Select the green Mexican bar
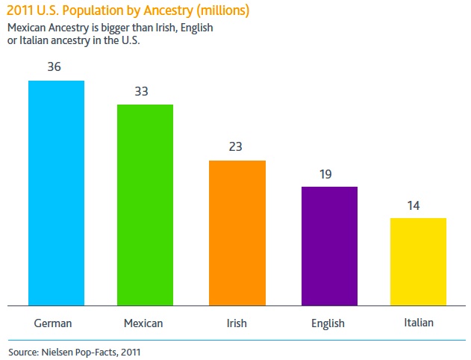tap(145, 205)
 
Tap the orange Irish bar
tap(237, 232)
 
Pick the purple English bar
tap(329, 246)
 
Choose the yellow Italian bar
tap(418, 261)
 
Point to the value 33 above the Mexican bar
tap(141, 92)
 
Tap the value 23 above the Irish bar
tap(235, 146)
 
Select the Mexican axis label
tap(143, 323)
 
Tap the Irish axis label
tap(237, 323)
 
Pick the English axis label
tap(328, 323)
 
